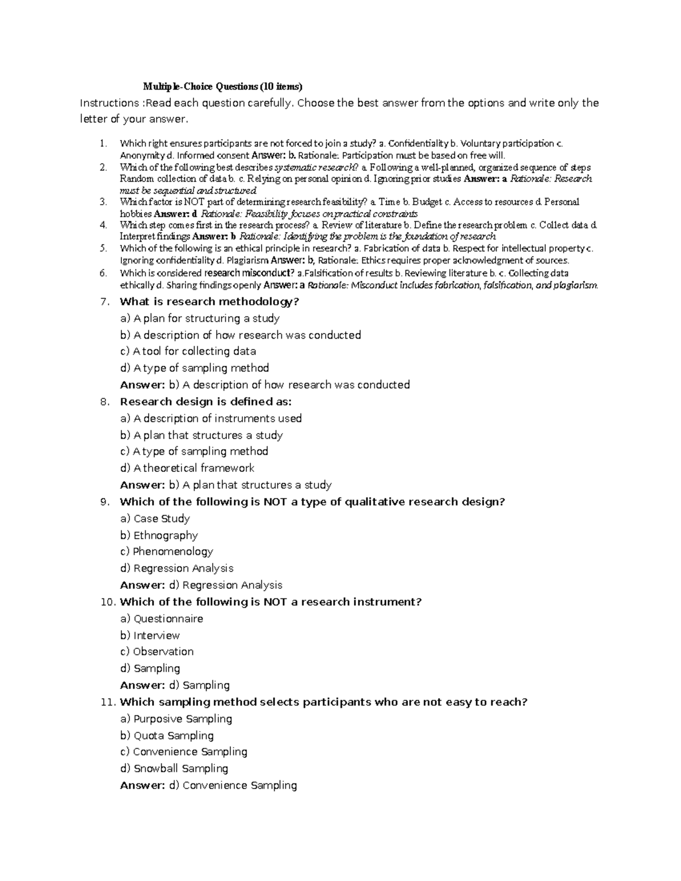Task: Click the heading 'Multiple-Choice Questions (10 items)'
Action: (x=222, y=87)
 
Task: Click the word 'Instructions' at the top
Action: (x=107, y=103)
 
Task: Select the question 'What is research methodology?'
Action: (x=209, y=302)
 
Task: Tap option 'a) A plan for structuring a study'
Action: (x=200, y=318)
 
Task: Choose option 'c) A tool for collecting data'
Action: (x=188, y=351)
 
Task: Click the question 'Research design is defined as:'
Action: (x=205, y=402)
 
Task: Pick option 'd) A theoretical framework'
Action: (x=187, y=468)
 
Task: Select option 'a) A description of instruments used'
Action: (x=211, y=419)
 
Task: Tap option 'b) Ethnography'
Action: (x=159, y=535)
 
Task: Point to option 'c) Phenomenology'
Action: (x=166, y=551)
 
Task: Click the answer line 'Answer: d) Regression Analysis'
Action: (x=201, y=585)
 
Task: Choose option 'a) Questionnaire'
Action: (x=161, y=619)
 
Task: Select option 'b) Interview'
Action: (x=150, y=635)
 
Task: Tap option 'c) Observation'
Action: (x=157, y=652)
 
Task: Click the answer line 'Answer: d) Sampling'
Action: (x=175, y=685)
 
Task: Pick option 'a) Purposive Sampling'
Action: (x=176, y=719)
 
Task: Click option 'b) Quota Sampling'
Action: (x=167, y=736)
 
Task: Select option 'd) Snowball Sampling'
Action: (x=174, y=769)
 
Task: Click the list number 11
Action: (x=107, y=702)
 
